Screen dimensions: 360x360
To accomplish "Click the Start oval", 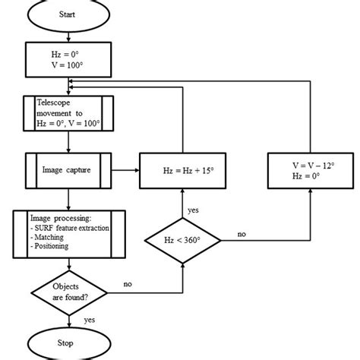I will tap(69, 15).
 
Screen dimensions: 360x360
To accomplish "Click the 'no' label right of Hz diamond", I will tap(241, 234).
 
